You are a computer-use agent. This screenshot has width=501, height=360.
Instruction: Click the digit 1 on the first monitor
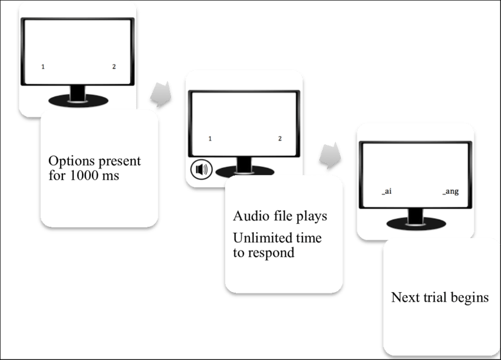(x=43, y=67)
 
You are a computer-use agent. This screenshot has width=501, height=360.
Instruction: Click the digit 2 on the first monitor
(x=114, y=67)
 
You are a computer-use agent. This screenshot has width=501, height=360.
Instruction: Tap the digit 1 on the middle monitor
(x=210, y=138)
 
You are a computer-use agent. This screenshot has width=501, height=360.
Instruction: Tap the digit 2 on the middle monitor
(x=280, y=138)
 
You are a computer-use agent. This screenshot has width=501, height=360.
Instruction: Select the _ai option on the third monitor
(x=387, y=191)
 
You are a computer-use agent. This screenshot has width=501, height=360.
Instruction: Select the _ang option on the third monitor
(x=451, y=191)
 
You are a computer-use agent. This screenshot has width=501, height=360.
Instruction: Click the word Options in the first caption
(x=68, y=161)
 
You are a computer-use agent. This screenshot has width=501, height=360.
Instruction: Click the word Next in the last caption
(x=404, y=297)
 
